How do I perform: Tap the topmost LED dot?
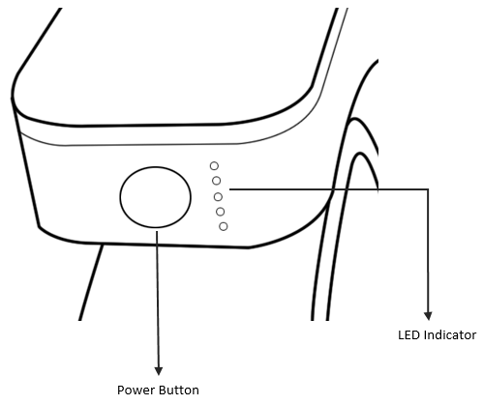[214, 166]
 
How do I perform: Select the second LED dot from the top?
[216, 181]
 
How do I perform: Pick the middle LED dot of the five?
[218, 196]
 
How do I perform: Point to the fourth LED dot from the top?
[221, 212]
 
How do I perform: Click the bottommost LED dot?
[224, 226]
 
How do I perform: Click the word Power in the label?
[132, 391]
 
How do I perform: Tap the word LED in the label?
[408, 335]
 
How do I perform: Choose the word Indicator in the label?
[450, 335]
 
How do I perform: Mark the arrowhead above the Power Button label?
[158, 371]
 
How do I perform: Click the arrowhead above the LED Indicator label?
[428, 316]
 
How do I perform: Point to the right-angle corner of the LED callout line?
[428, 189]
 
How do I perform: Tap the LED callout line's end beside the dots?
[230, 189]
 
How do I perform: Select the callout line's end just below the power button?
[157, 232]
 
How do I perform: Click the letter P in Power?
[121, 391]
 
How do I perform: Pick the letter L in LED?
[401, 335]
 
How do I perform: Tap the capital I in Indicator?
[425, 335]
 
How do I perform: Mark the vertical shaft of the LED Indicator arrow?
[428, 250]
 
